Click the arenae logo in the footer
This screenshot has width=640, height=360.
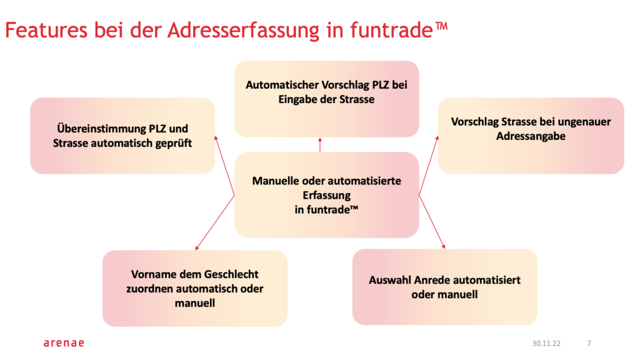[63, 343]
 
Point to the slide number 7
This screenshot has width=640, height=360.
[589, 343]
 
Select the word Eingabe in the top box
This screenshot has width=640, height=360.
[296, 99]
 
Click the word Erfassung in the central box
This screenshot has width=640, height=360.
[326, 195]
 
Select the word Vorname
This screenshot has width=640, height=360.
[152, 274]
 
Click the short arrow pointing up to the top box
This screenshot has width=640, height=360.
[319, 145]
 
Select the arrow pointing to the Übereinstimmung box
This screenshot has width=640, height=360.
[224, 166]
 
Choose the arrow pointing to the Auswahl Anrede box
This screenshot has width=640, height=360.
[432, 222]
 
